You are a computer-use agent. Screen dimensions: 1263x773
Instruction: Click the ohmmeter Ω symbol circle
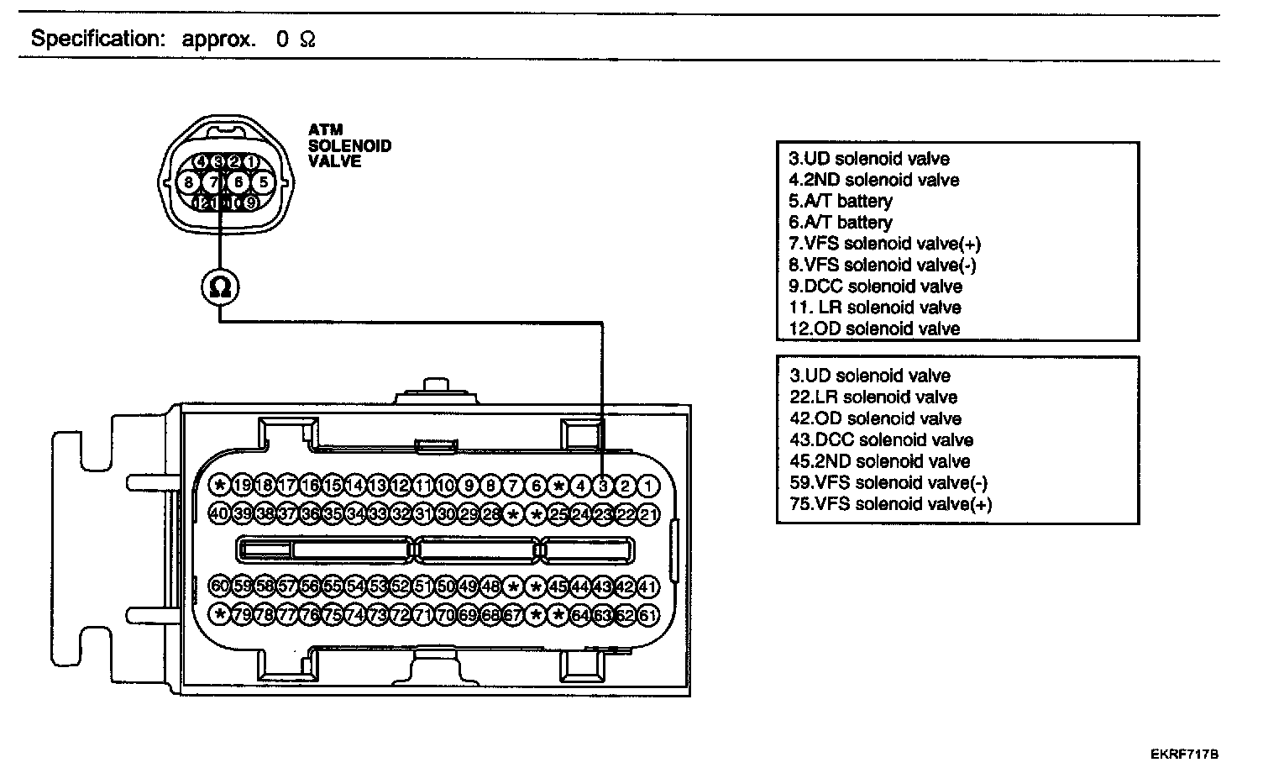[x=220, y=287]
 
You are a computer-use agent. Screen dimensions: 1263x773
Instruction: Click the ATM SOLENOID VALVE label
[x=349, y=145]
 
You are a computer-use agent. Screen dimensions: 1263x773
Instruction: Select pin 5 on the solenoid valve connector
[x=264, y=181]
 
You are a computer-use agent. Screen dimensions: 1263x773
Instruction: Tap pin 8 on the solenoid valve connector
[x=189, y=181]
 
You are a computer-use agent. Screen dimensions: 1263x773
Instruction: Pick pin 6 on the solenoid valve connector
[x=239, y=181]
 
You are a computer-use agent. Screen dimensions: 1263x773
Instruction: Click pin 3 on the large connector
[x=603, y=485]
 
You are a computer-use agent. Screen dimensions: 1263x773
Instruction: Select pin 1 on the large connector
[x=648, y=485]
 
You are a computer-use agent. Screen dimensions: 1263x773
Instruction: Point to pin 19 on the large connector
[x=242, y=485]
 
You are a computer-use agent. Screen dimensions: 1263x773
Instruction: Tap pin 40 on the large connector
[x=219, y=513]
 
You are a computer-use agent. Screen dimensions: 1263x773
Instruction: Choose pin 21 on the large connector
[x=648, y=513]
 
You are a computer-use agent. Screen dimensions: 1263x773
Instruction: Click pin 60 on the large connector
[x=219, y=586]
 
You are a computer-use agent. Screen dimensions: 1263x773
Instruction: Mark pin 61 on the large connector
[x=648, y=614]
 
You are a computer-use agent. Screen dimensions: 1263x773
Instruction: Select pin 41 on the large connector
[x=648, y=586]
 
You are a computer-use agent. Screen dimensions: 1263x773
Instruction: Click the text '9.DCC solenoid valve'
[x=875, y=286]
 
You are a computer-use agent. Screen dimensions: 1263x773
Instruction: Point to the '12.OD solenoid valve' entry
[x=874, y=329]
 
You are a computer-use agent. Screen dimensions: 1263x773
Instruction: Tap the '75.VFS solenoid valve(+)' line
[x=890, y=504]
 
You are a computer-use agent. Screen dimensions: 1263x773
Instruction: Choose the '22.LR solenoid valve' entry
[x=873, y=397]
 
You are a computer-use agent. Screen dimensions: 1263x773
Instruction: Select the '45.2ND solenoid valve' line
[x=879, y=461]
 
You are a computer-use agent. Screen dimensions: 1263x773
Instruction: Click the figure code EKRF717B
[x=1184, y=755]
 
